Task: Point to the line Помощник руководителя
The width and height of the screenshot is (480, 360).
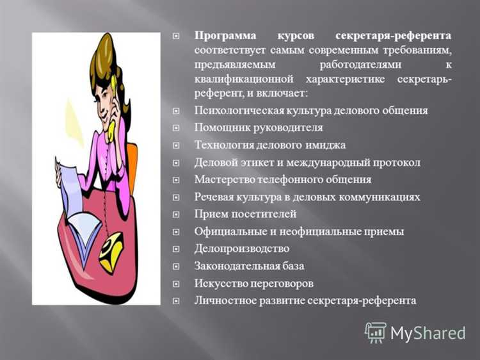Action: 250,127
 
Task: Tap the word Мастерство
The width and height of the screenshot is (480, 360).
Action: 221,179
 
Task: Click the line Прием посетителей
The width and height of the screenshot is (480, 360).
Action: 245,214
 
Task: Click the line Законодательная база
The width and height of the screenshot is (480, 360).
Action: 249,266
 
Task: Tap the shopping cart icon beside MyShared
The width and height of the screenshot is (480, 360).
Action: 376,332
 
